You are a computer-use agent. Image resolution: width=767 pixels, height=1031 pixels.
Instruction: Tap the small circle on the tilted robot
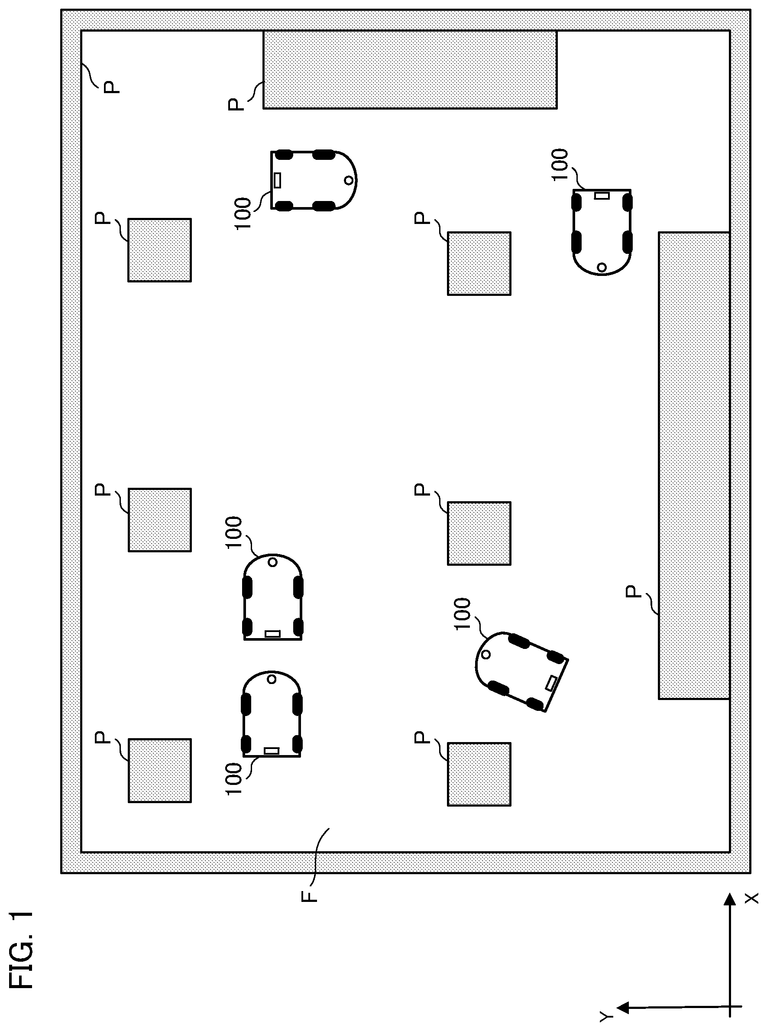point(485,655)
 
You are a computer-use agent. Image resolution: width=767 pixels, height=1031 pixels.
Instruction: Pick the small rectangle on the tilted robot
point(551,683)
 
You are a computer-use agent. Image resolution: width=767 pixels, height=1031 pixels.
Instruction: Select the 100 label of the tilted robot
point(463,613)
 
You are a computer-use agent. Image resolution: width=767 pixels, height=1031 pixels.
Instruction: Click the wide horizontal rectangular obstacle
point(410,70)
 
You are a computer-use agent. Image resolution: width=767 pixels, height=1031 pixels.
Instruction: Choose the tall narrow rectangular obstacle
point(694,465)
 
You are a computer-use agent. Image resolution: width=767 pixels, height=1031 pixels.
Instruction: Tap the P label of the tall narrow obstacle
point(633,592)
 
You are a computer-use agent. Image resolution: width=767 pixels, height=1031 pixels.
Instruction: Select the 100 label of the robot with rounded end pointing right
point(243,213)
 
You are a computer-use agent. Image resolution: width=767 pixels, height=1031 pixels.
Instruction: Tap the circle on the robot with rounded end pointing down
point(602,267)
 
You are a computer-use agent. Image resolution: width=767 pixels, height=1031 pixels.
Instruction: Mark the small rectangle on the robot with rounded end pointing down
point(602,195)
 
